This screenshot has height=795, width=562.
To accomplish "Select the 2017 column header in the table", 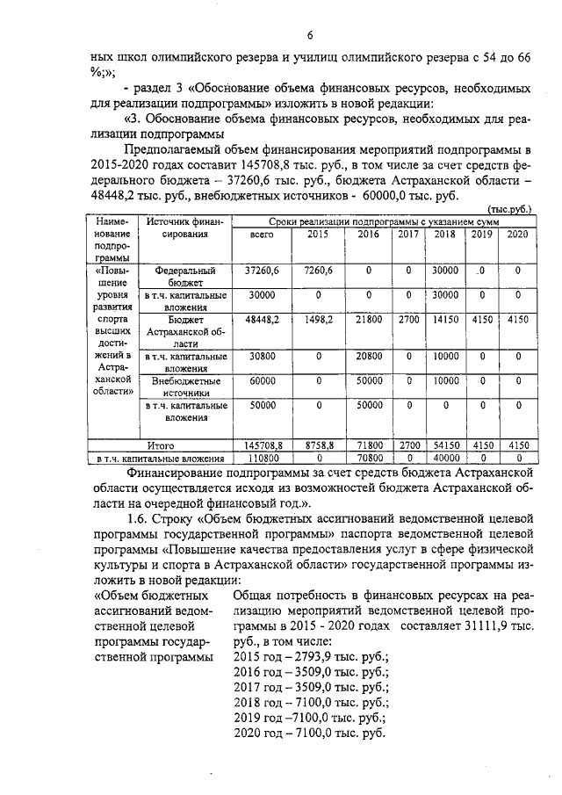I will [x=408, y=235].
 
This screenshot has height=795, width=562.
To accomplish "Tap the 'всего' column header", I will [x=262, y=235].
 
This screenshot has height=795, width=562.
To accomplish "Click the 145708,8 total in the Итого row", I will [x=262, y=445].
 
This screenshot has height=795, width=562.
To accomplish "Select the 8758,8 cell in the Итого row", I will [x=319, y=445].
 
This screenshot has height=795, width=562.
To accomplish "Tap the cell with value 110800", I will [x=262, y=458].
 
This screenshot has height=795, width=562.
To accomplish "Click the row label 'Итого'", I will [x=159, y=445].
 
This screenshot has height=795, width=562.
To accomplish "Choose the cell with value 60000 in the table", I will [x=262, y=382].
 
